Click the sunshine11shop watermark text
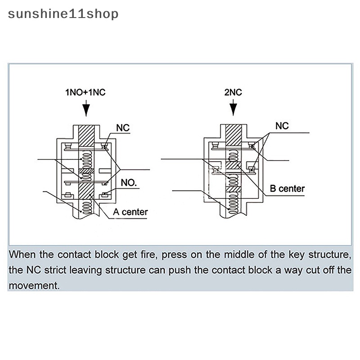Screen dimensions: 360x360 coord(63,13)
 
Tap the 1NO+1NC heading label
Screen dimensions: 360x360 coord(85,93)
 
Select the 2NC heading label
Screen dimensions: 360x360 coord(233,93)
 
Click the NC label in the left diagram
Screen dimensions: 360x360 coord(123,128)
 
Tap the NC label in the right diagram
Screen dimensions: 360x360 coord(282,126)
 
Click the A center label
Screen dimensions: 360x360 coord(130,211)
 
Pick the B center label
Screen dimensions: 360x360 coord(287,189)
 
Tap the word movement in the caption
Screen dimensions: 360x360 coord(34,285)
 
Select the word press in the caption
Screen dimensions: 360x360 coord(174,255)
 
